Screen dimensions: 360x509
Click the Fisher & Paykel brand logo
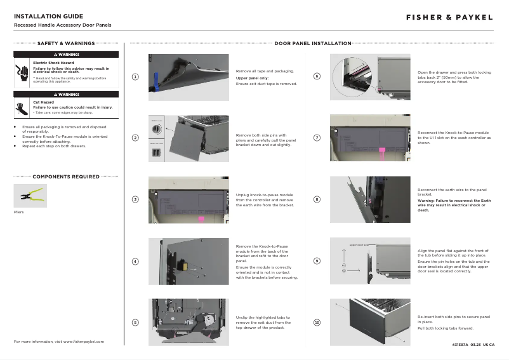tap(449, 17)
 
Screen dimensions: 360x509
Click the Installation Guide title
tap(48, 16)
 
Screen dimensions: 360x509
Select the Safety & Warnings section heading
tap(66, 44)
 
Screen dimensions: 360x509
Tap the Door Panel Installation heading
tap(313, 44)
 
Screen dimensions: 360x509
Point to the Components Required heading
tap(66, 177)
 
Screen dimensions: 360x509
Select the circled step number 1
tap(135, 77)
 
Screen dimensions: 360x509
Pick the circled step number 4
tap(135, 262)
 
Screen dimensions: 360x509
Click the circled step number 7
tap(317, 138)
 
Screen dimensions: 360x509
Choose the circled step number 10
tap(317, 323)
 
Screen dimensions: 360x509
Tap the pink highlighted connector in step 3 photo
tap(201, 219)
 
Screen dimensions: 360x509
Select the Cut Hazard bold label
tap(43, 102)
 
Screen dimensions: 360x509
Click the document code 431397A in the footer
tap(460, 345)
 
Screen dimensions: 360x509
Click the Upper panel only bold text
tap(252, 78)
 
